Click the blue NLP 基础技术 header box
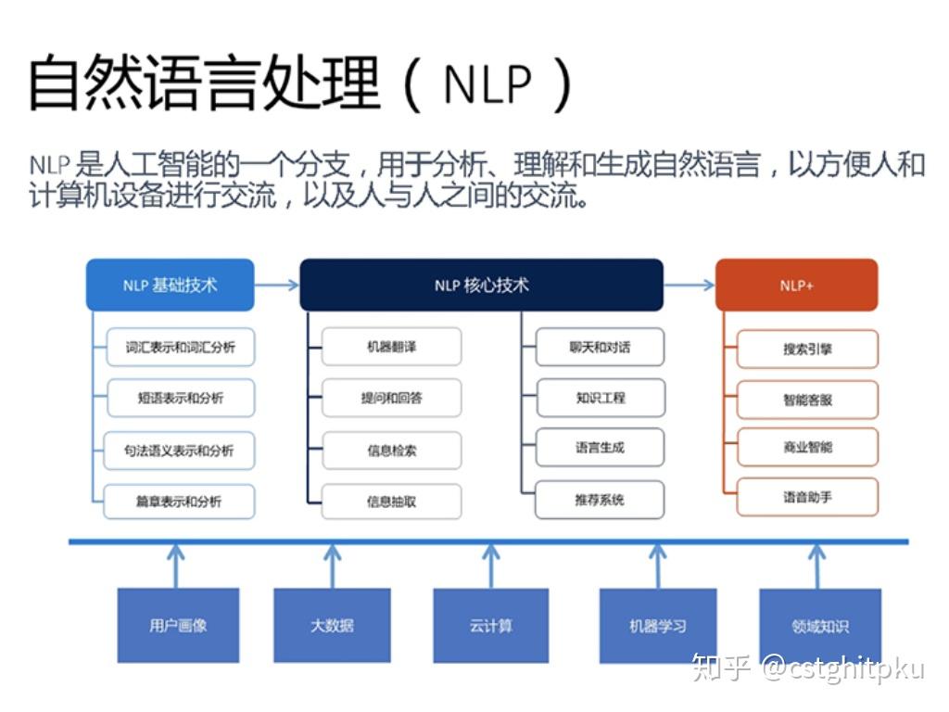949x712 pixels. click(x=170, y=285)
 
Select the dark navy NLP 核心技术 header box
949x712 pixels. click(x=481, y=285)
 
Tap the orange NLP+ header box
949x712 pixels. click(x=796, y=285)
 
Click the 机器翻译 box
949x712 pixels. click(x=391, y=347)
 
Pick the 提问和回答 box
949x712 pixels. click(x=391, y=399)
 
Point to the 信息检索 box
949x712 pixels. click(x=391, y=451)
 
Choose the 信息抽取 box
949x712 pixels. click(x=391, y=502)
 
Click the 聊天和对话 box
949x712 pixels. click(x=600, y=347)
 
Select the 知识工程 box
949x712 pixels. click(x=600, y=398)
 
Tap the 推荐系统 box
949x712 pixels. click(x=600, y=500)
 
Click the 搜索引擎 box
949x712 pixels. click(x=807, y=350)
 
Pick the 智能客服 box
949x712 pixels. click(x=807, y=400)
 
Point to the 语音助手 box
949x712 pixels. click(x=807, y=497)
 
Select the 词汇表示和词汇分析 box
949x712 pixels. click(x=180, y=348)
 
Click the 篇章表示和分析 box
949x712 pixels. click(x=179, y=502)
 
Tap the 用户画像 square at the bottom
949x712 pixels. click(x=178, y=626)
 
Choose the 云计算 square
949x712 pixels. click(x=490, y=626)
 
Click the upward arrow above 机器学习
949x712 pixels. click(x=657, y=564)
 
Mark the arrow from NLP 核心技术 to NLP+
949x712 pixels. click(x=689, y=285)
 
